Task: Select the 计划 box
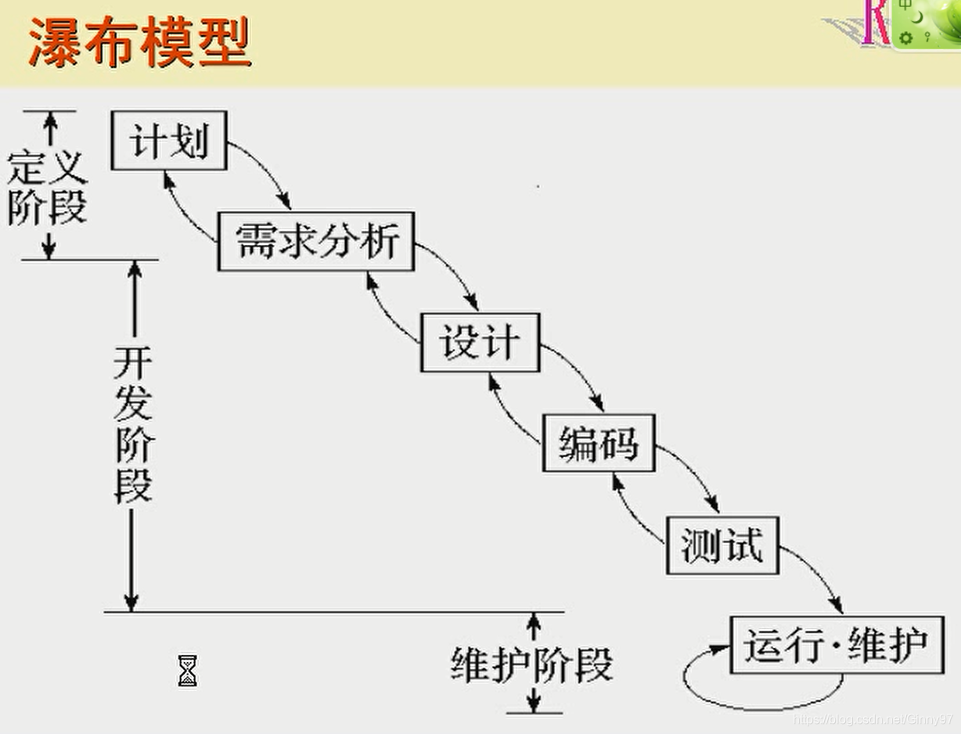click(x=169, y=141)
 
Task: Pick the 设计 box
click(x=480, y=343)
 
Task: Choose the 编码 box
click(x=599, y=443)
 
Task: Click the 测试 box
click(x=722, y=545)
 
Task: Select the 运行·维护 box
click(x=836, y=645)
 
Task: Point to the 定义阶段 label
click(x=47, y=188)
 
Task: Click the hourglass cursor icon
click(x=187, y=671)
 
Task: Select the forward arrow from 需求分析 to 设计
click(x=454, y=271)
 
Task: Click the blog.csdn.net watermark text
click(x=873, y=718)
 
